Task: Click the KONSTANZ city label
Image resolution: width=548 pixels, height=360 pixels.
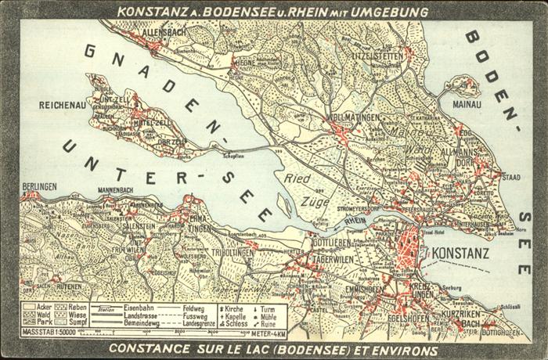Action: [x=460, y=253]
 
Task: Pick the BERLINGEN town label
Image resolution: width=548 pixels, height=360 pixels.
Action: [x=39, y=185]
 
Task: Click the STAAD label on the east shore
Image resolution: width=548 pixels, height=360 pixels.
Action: [x=510, y=178]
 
